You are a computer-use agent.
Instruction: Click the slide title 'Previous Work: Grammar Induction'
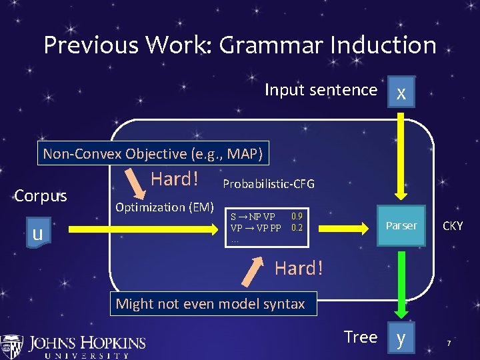240,45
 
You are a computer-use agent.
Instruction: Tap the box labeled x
400,93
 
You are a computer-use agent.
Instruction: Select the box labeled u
38,233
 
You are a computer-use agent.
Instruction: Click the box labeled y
400,338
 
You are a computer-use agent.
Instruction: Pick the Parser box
401,225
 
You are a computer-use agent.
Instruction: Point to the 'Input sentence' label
321,89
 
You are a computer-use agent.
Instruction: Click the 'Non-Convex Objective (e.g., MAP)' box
155,154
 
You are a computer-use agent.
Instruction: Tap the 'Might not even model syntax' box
210,304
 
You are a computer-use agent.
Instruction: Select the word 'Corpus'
41,197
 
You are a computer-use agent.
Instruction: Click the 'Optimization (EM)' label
164,207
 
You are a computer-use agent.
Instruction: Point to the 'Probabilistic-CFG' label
268,183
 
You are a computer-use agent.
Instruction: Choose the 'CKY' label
453,227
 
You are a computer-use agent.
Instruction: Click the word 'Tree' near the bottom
360,337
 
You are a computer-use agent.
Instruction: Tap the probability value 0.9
297,216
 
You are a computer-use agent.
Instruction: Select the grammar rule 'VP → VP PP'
255,227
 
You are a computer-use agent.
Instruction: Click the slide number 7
449,343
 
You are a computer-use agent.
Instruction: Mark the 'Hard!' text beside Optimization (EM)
175,179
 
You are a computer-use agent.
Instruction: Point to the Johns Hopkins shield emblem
11,345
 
